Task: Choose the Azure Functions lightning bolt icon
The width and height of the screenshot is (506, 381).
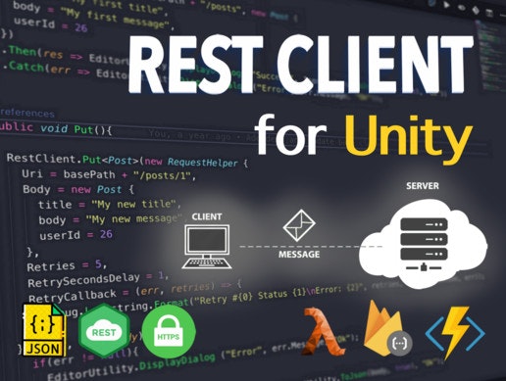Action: pos(453,329)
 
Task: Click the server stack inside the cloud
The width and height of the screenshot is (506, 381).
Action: pos(421,239)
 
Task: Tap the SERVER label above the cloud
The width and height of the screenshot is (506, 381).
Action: pos(422,185)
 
